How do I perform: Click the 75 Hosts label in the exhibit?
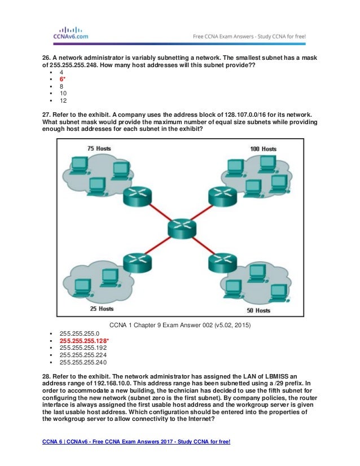click(x=99, y=148)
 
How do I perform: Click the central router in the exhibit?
click(x=181, y=228)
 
